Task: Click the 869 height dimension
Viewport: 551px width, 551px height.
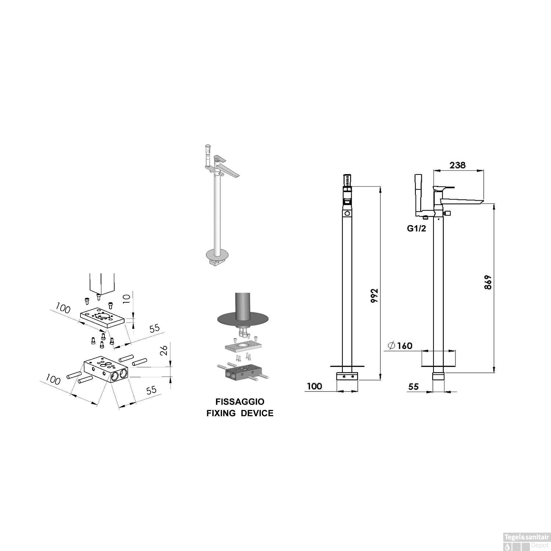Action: tap(488, 282)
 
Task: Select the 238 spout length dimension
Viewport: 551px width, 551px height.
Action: tap(457, 165)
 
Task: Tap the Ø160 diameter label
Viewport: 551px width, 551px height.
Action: tap(400, 346)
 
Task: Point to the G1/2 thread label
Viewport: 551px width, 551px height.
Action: tap(416, 228)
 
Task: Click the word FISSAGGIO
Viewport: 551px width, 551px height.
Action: tap(240, 401)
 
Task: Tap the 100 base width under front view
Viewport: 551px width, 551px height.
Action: tap(314, 386)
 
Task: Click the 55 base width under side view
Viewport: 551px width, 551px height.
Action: tap(413, 386)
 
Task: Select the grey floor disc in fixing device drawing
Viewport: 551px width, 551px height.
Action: tap(228, 318)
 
